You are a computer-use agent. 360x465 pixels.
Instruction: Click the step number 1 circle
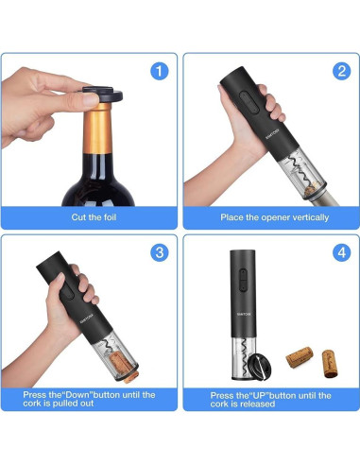coord(159,71)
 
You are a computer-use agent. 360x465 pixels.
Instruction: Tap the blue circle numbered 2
coord(341,71)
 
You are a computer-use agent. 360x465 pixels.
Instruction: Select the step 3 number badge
coord(159,253)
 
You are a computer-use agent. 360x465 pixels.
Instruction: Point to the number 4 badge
coord(341,253)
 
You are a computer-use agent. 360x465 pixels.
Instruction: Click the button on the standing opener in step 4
coord(243,280)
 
